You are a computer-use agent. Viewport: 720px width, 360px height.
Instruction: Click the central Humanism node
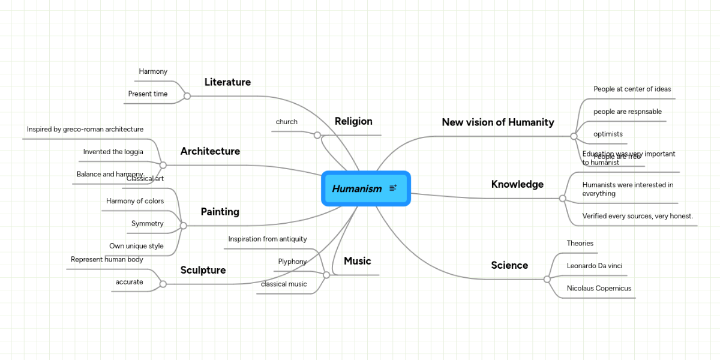coord(358,188)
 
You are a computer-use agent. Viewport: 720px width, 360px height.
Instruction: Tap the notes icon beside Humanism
coord(393,188)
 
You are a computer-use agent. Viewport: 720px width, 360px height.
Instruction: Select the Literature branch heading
coord(227,82)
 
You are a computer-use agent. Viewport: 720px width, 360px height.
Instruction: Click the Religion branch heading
coord(353,121)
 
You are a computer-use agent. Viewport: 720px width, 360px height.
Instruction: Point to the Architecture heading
coord(210,151)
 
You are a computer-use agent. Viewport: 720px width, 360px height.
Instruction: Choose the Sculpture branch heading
coord(203,270)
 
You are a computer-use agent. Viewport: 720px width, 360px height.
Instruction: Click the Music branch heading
coord(357,261)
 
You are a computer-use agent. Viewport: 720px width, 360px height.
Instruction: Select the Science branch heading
coord(509,265)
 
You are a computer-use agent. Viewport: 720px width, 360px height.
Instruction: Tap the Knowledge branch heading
coord(517,184)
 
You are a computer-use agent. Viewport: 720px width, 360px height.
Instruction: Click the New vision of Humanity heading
coord(498,122)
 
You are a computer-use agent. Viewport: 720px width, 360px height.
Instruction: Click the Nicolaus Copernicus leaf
coord(599,289)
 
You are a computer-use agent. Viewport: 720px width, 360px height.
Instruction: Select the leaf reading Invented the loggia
coord(113,152)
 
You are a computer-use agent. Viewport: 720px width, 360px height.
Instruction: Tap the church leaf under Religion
coord(287,122)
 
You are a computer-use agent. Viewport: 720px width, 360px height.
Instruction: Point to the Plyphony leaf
coord(292,262)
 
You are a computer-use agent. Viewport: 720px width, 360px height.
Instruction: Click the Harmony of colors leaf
coord(135,201)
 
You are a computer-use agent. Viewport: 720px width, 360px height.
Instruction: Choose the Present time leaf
coord(148,94)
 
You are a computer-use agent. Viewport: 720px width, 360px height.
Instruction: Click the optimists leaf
coord(608,134)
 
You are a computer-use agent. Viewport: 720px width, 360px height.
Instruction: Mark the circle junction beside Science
coord(547,279)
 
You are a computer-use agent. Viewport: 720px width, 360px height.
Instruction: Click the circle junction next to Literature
coord(187,96)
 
